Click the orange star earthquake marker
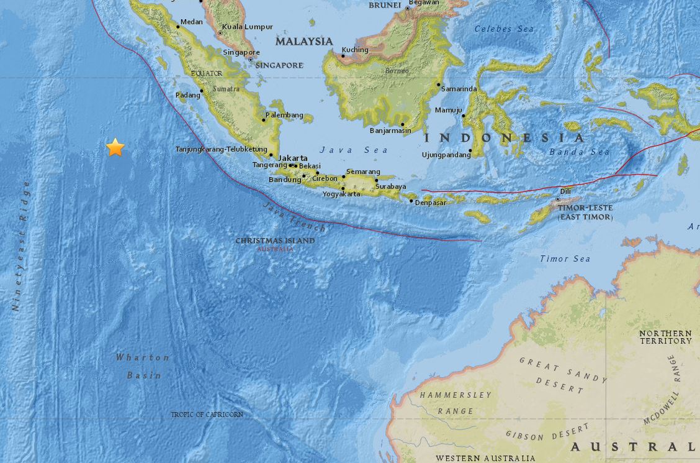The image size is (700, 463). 115,147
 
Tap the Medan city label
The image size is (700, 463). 191,22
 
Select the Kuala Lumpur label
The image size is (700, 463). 248,27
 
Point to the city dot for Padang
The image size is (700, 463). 201,91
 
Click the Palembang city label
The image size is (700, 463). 284,115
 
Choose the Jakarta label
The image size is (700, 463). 292,158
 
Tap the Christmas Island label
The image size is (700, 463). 274,241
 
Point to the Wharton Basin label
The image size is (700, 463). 143,366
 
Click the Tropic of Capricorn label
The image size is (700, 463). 207,414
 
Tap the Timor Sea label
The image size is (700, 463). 565,259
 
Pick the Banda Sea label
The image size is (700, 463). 579,152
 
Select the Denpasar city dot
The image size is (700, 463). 411,201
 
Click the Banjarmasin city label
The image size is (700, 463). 390,131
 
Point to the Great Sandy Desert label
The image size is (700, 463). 563,375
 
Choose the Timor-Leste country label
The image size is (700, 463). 585,212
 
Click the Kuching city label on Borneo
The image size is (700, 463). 355,50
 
